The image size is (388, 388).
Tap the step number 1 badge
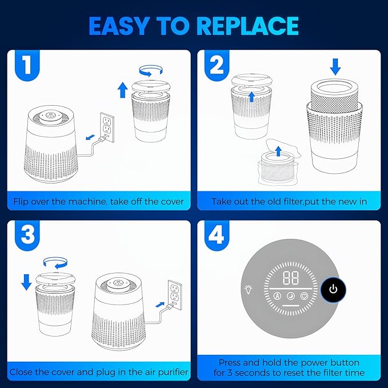point(27,65)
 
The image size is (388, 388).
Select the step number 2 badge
point(217,65)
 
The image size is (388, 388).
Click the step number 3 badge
point(27,235)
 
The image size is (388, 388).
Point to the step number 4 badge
point(217,235)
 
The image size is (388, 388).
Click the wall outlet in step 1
point(107,127)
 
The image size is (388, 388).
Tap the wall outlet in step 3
point(175,294)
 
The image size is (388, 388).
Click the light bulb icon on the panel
point(249,289)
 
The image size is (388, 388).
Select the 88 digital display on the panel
point(291,278)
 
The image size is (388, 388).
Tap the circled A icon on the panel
point(277,296)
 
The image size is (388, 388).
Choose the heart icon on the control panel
point(304,296)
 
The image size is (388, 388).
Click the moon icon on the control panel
point(291,296)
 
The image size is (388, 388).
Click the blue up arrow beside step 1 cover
point(122,90)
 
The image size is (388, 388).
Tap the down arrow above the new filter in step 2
point(335,67)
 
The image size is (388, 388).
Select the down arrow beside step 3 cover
point(26,282)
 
